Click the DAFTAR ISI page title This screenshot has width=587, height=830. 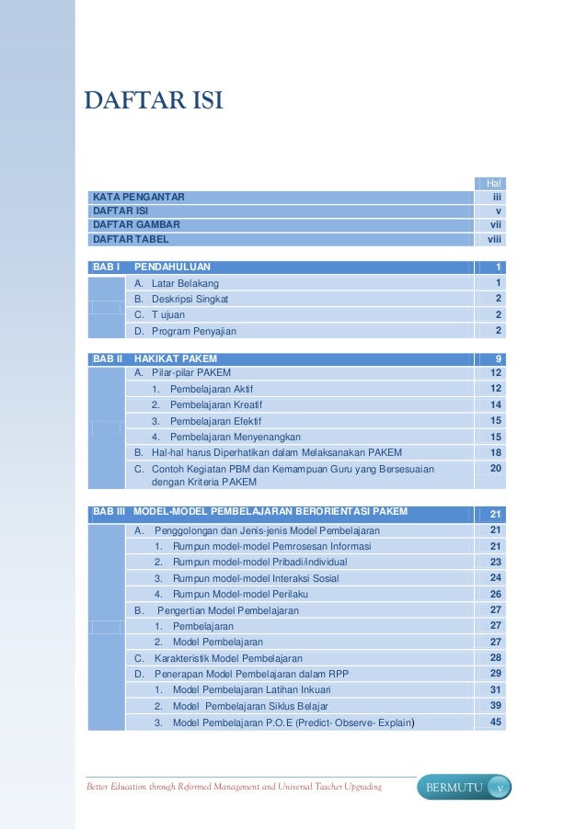click(x=153, y=99)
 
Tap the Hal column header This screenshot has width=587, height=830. click(x=493, y=184)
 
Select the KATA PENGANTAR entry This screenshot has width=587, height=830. click(x=138, y=198)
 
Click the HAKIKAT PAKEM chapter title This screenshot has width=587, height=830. click(x=176, y=358)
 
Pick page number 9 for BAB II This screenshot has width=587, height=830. click(x=497, y=358)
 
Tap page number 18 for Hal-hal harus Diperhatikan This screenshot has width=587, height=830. click(x=495, y=452)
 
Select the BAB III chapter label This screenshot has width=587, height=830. click(x=108, y=512)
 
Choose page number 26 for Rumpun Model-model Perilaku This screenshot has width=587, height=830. click(x=495, y=594)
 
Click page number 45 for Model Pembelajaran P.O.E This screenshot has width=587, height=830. click(x=495, y=722)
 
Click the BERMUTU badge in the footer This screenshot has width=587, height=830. click(x=451, y=788)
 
